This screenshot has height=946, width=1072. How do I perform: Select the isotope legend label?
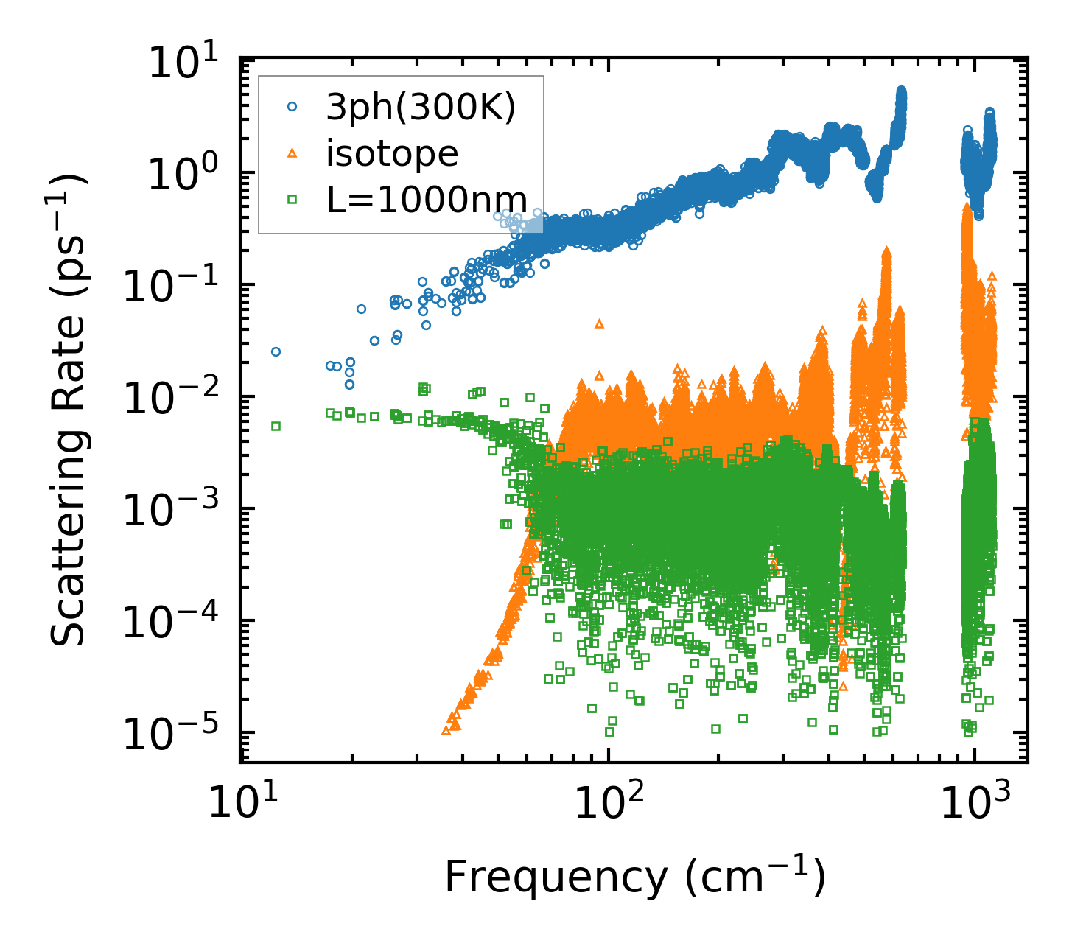pyautogui.click(x=393, y=153)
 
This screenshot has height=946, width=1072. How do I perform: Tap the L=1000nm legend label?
pyautogui.click(x=427, y=200)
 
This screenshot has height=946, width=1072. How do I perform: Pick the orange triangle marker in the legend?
pyautogui.click(x=292, y=153)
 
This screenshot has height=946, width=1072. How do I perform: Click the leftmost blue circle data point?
pyautogui.click(x=276, y=351)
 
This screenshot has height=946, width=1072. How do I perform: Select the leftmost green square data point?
pyautogui.click(x=276, y=426)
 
